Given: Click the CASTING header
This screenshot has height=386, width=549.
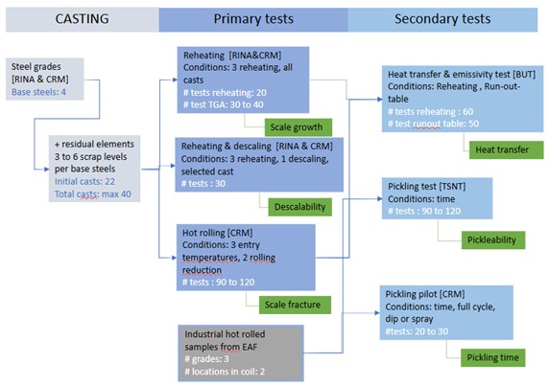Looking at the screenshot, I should point(77,18).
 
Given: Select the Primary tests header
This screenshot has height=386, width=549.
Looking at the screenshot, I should point(252,18).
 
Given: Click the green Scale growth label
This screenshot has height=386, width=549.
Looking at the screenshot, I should point(299,126).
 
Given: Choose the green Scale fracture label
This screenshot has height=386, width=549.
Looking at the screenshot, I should point(299,305).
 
